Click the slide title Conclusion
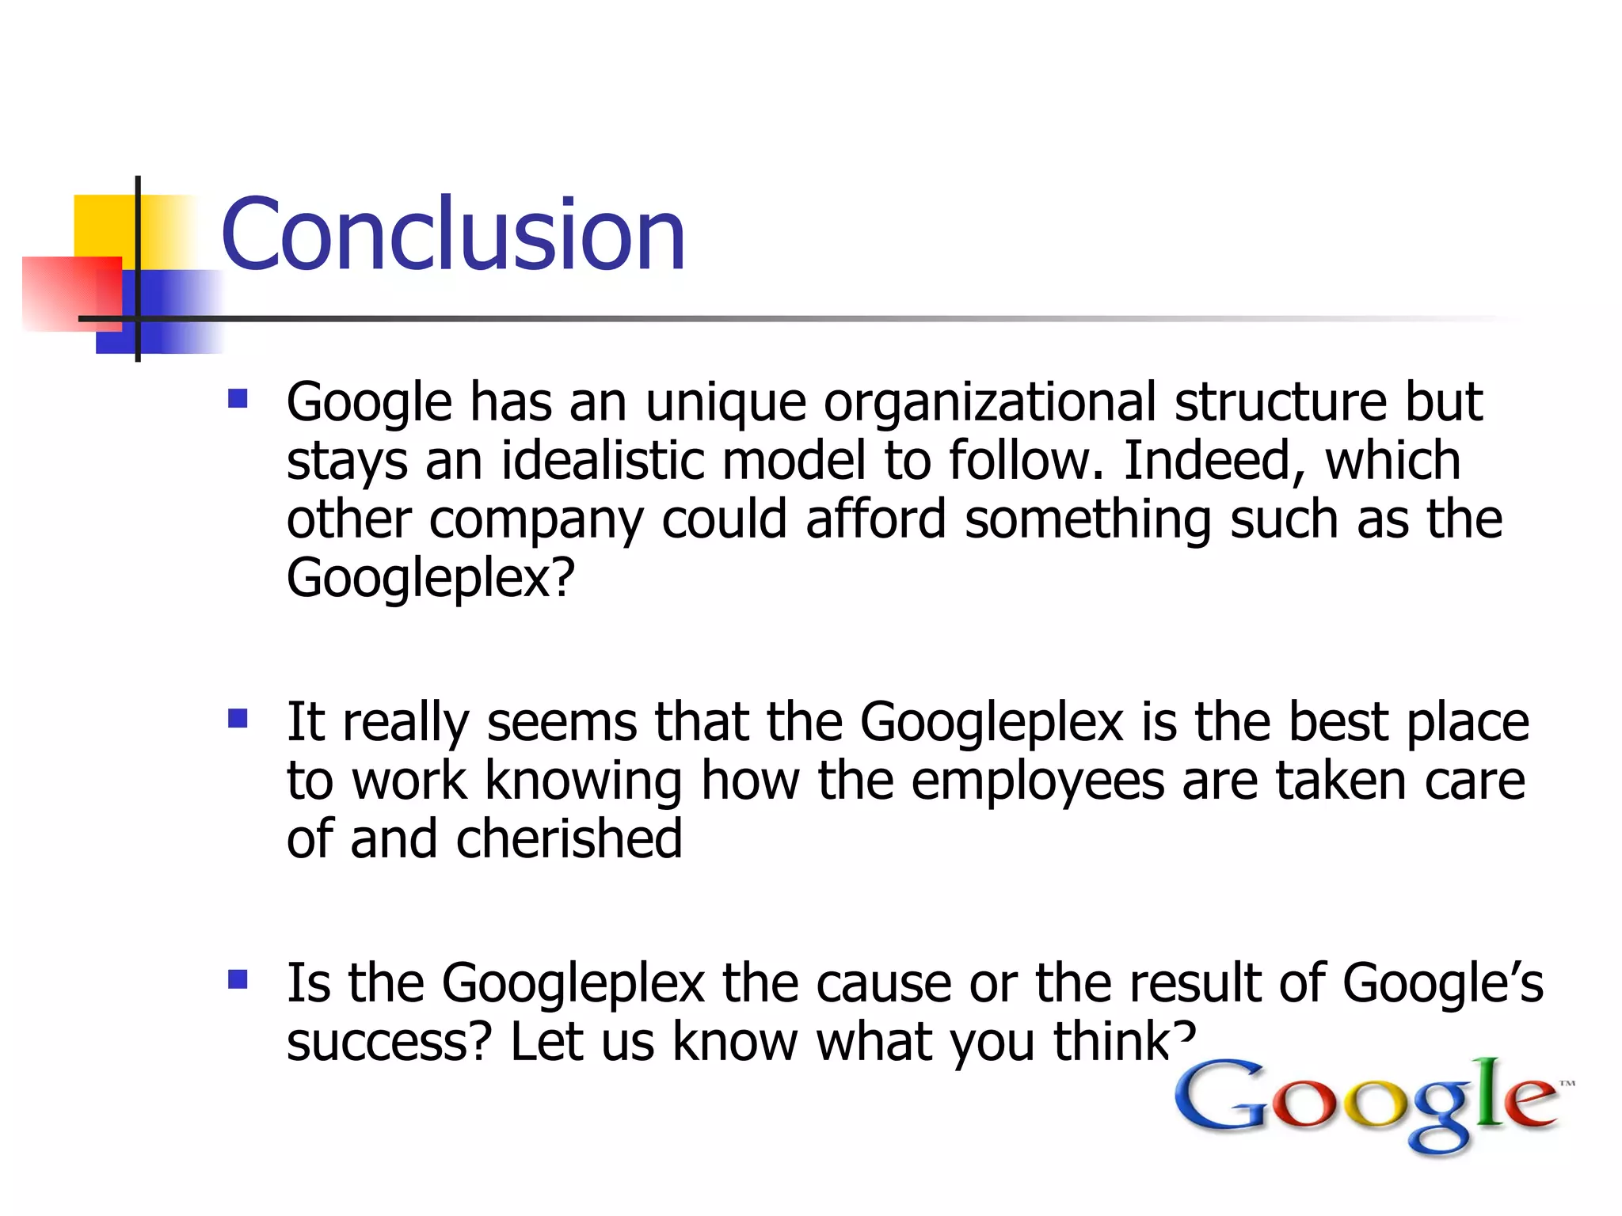(453, 234)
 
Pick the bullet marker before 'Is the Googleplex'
(238, 980)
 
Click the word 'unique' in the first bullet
(725, 402)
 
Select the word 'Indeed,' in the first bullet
(1214, 461)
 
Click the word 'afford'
(876, 519)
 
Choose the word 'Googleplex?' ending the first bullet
(430, 578)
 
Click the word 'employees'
(1038, 781)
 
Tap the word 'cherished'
(569, 839)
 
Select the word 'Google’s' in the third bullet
(1443, 983)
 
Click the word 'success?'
(390, 1042)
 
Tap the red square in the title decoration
(71, 293)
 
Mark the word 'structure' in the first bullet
(1281, 402)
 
